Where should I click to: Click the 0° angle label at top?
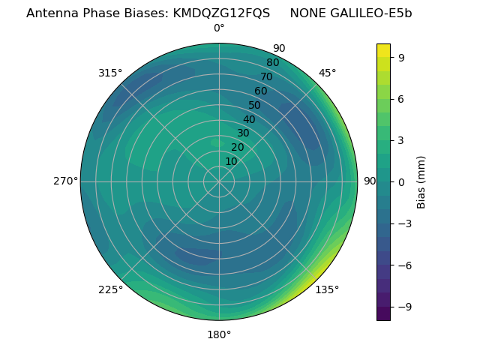tap(219, 28)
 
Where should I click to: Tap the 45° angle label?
tap(327, 73)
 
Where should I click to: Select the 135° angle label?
tap(327, 289)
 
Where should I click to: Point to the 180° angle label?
tap(219, 334)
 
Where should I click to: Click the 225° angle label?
tap(110, 289)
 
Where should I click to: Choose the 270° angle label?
tap(65, 181)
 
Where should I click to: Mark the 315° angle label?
tap(110, 73)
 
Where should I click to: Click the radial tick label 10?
tap(231, 161)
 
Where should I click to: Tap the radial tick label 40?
tap(249, 119)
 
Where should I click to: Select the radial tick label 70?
tap(267, 76)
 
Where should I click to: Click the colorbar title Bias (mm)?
tap(421, 181)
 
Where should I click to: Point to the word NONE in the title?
tap(307, 13)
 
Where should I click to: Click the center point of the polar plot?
tap(219, 181)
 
